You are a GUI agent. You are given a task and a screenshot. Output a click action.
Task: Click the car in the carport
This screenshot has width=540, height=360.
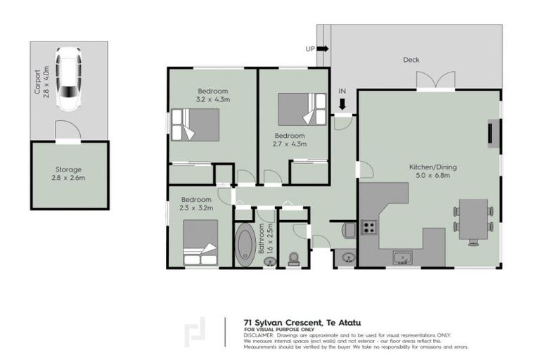(x=69, y=80)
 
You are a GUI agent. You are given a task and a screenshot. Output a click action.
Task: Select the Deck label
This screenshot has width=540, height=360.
(x=411, y=60)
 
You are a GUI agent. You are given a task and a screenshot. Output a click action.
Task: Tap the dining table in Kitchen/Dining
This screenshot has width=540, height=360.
(x=473, y=219)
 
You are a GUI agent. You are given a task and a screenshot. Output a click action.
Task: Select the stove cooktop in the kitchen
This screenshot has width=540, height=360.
(x=369, y=227)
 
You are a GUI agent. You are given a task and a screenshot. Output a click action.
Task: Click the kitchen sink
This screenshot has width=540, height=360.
(x=403, y=257)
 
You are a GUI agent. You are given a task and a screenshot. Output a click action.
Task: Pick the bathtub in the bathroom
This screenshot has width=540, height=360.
(x=246, y=243)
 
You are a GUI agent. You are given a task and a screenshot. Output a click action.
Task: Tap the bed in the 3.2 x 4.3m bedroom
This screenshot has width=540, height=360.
(x=197, y=125)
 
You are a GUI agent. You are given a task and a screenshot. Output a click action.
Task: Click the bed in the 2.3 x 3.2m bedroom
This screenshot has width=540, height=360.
(x=200, y=243)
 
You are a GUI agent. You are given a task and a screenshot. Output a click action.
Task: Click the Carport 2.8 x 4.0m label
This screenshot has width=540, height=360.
(x=42, y=79)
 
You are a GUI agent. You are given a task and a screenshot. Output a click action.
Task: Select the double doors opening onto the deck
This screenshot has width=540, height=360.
(x=435, y=79)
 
